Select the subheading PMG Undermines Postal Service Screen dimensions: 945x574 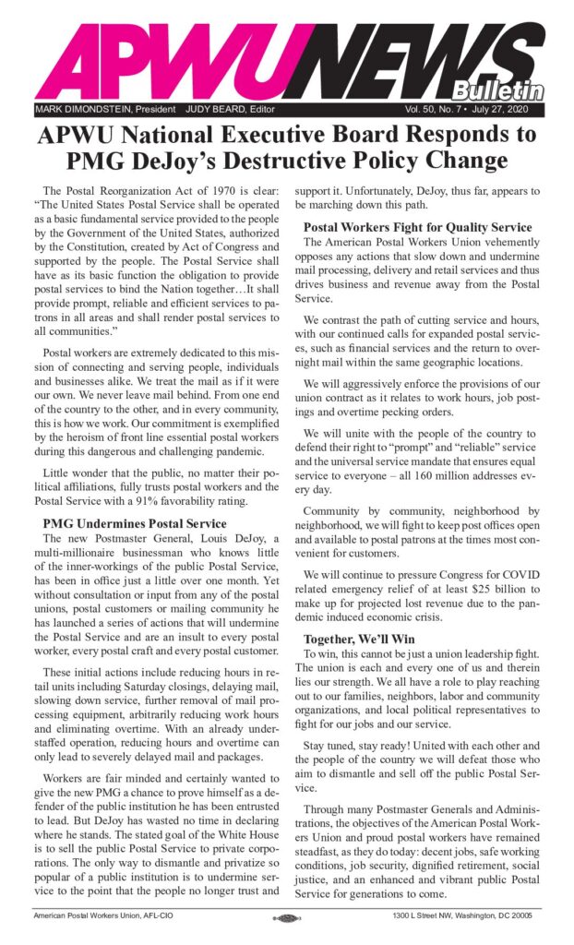pos(135,523)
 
